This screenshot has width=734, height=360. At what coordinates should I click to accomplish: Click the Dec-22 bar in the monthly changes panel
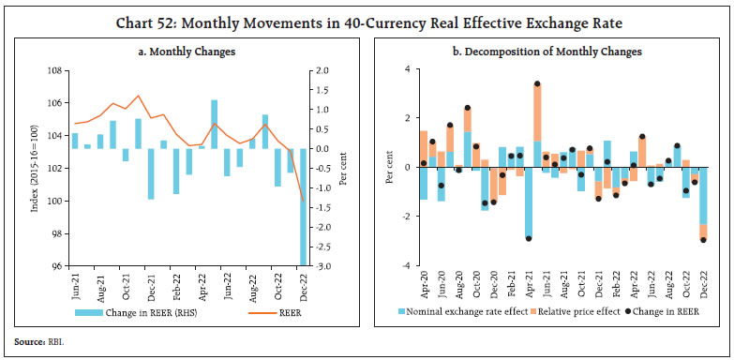(x=303, y=206)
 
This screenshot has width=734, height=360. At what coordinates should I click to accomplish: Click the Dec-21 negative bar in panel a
(x=151, y=173)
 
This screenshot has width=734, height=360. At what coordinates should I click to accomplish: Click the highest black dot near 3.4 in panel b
(x=537, y=84)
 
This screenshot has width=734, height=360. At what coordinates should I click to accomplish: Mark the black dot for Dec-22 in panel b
(x=703, y=240)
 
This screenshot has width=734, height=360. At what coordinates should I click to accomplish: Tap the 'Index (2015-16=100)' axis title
(x=35, y=169)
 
